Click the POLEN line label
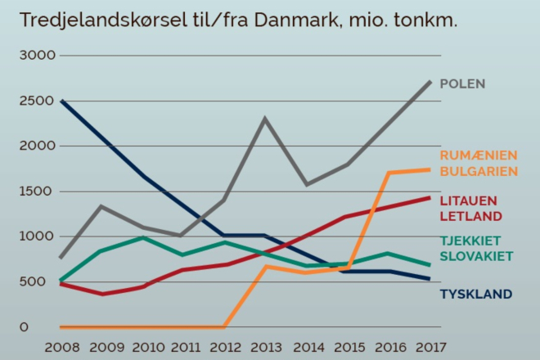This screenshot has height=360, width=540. coord(463,83)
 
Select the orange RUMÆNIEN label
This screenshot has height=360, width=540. coord(479,155)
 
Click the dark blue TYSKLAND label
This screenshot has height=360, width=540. coord(476,294)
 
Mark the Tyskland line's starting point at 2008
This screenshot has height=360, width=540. coord(61,101)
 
